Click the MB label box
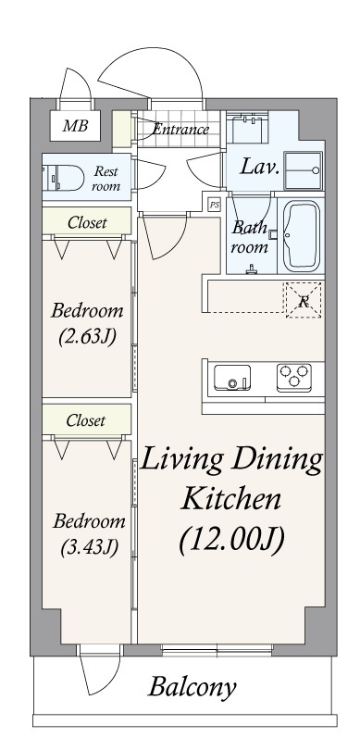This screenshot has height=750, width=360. pos(75,126)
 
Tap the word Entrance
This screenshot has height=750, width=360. pos(181,129)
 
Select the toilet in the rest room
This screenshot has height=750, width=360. pos(63,178)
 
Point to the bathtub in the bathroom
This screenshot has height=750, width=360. pos(301,236)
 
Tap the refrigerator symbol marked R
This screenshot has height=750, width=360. pos(304,300)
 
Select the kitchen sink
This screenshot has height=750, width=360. pos(232,378)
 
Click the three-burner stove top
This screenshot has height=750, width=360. pos(294,376)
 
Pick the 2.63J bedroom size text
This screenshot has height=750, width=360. pos(87,337)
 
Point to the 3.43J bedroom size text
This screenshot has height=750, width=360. pos(90,547)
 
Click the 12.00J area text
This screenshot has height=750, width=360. pos(232,540)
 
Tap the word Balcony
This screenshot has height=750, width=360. pos(192,687)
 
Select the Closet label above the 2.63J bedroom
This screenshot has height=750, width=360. pos(87,222)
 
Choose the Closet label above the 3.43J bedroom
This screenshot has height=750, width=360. pos(85,420)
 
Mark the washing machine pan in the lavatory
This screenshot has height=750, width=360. pos(304,170)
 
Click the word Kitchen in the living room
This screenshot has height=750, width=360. pos(231,499)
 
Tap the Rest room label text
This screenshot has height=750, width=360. pos(106,178)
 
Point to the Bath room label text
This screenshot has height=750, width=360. pos(250,237)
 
